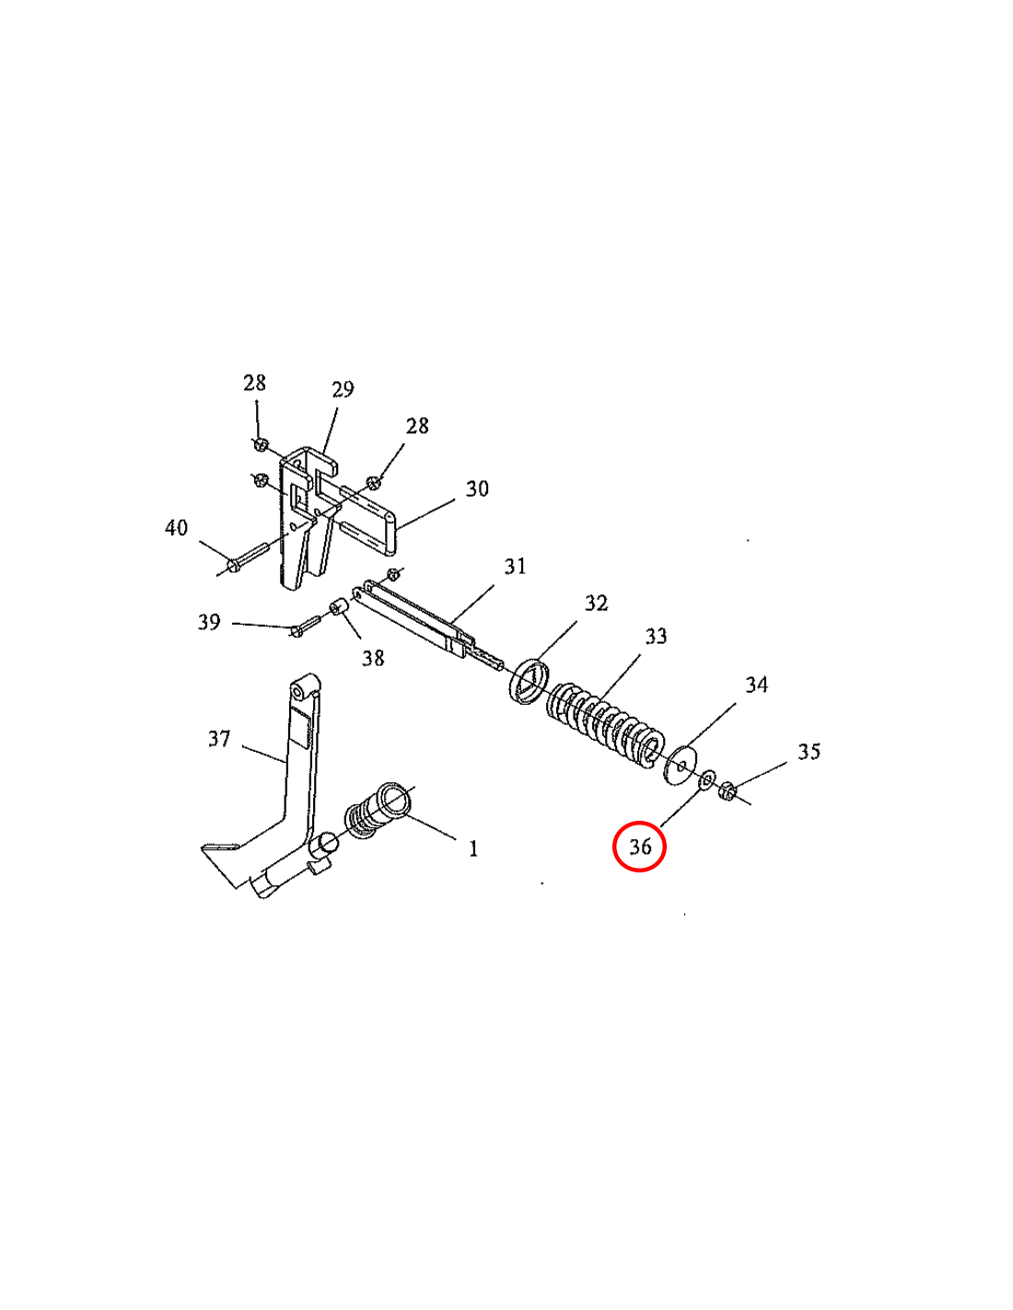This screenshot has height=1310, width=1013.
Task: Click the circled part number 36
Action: click(639, 847)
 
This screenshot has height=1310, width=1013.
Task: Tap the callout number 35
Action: click(809, 752)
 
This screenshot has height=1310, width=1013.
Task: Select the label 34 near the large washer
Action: click(756, 684)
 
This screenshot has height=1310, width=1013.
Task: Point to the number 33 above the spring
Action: click(656, 636)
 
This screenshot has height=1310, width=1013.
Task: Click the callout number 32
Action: click(596, 602)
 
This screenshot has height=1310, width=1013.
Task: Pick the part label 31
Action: click(515, 566)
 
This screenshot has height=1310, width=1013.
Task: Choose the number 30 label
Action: click(477, 488)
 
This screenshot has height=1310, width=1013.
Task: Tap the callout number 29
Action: click(343, 390)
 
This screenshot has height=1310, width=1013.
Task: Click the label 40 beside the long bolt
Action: click(176, 528)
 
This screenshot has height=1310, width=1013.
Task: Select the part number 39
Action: click(209, 622)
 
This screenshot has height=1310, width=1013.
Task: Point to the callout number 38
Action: click(373, 658)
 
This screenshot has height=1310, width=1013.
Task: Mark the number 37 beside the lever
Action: click(219, 739)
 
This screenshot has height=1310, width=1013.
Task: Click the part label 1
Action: click(473, 848)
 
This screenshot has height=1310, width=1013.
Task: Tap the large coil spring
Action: click(604, 726)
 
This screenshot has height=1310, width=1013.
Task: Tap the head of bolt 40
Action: click(233, 566)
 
